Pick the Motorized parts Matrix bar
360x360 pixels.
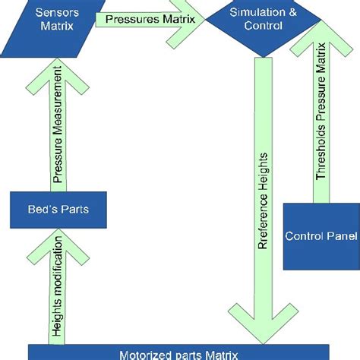(179, 352)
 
